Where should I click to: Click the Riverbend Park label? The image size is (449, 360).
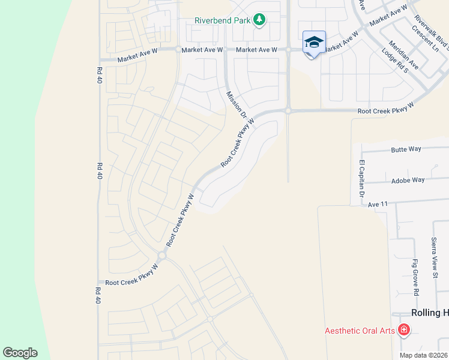coord(221,20)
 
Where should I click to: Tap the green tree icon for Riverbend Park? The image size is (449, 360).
coord(259,20)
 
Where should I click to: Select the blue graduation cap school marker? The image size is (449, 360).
coord(314,43)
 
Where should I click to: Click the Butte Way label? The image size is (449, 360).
coord(406,149)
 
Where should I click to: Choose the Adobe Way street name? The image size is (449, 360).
coord(408,179)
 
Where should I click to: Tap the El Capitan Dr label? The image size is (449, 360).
coord(362,178)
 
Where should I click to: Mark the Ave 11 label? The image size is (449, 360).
coord(379,204)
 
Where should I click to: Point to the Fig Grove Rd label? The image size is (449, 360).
coord(415,277)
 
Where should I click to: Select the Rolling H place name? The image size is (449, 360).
coord(429,313)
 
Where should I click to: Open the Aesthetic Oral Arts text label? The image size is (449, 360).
coord(360,330)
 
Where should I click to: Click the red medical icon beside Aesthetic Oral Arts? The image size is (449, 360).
coord(404,329)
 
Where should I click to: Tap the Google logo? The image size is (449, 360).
coord(20,353)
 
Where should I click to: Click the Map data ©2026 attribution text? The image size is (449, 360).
coord(424,355)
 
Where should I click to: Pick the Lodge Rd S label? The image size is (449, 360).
coord(394,61)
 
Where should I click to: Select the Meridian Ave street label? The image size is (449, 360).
coord(403,55)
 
